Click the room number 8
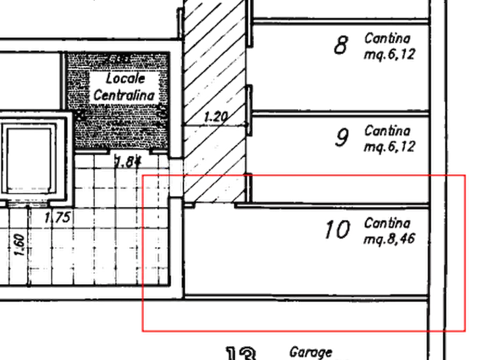point(341,46)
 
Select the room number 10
point(338,230)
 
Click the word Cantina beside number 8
point(388,39)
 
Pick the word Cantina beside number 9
point(388,131)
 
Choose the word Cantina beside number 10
point(388,222)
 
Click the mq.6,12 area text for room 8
point(390,55)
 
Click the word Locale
point(126,78)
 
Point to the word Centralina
point(124,95)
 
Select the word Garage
point(311,352)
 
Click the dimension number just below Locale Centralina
point(126,160)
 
